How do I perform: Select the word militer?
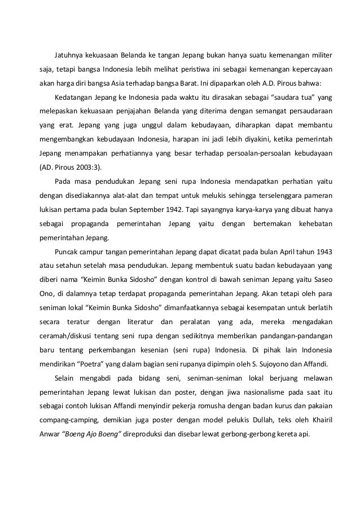point(319,56)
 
